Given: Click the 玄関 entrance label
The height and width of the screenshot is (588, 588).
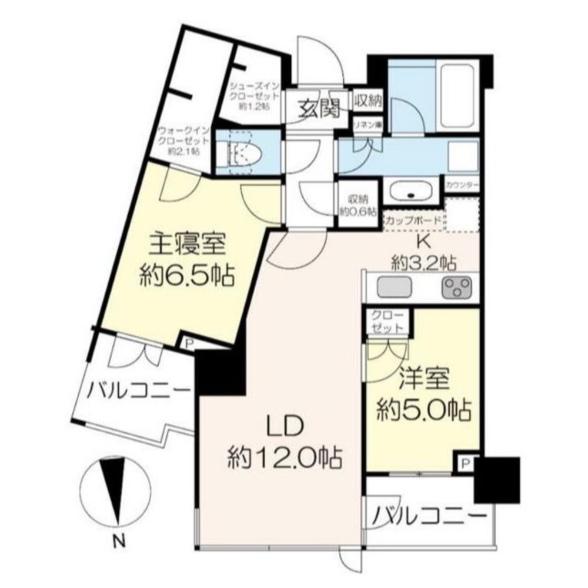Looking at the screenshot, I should click(x=321, y=109).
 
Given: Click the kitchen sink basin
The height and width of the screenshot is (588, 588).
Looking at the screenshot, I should click(x=390, y=288).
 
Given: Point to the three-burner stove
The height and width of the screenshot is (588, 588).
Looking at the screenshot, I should click(x=456, y=288).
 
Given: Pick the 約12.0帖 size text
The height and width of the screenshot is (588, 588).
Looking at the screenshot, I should click(x=285, y=456).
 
